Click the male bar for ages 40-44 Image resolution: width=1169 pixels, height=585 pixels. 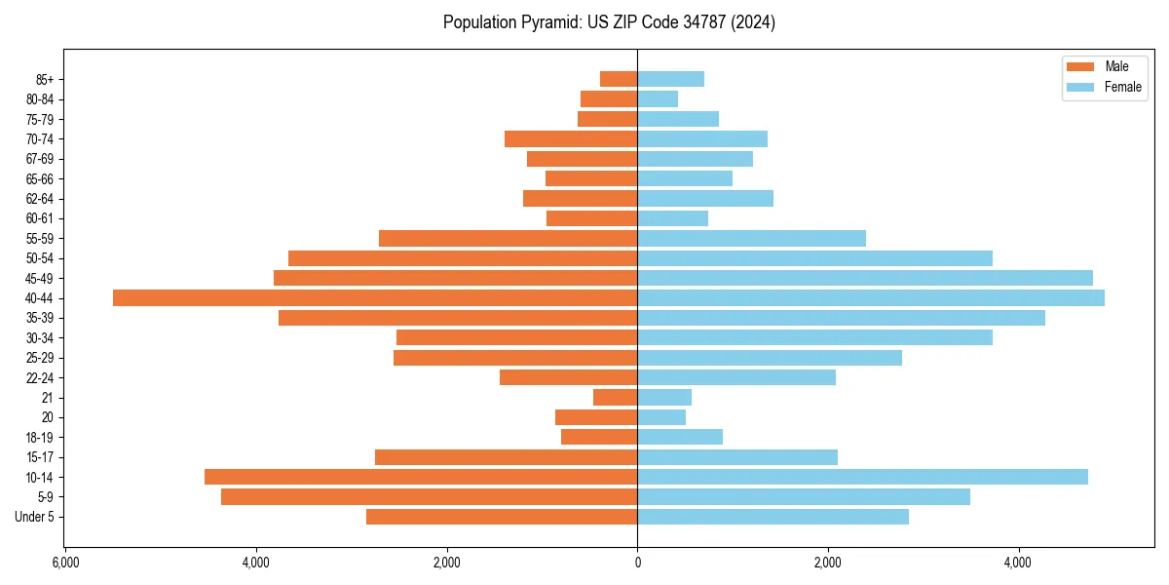point(375,297)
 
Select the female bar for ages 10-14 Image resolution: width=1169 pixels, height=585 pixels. point(862,477)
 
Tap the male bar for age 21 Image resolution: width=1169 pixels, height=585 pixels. point(615,397)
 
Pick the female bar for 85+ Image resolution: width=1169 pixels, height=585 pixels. point(670,79)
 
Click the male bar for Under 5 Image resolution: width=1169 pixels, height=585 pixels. point(502,517)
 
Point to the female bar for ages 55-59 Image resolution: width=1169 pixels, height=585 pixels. point(751,238)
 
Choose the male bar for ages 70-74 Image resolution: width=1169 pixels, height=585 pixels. point(571,138)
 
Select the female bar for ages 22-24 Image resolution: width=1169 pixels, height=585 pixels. point(736,377)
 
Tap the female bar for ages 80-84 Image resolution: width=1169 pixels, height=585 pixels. point(658,98)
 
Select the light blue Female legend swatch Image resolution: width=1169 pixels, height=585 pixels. point(1081,87)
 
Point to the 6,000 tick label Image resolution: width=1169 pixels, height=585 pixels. point(65,564)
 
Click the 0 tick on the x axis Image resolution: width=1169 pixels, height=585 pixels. point(637,564)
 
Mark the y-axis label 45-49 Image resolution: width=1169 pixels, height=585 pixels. point(40,278)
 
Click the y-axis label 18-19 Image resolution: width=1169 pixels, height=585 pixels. point(40,437)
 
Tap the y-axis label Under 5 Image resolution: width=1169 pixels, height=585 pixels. point(34,517)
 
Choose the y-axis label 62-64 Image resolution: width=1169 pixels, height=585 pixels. point(40,198)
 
